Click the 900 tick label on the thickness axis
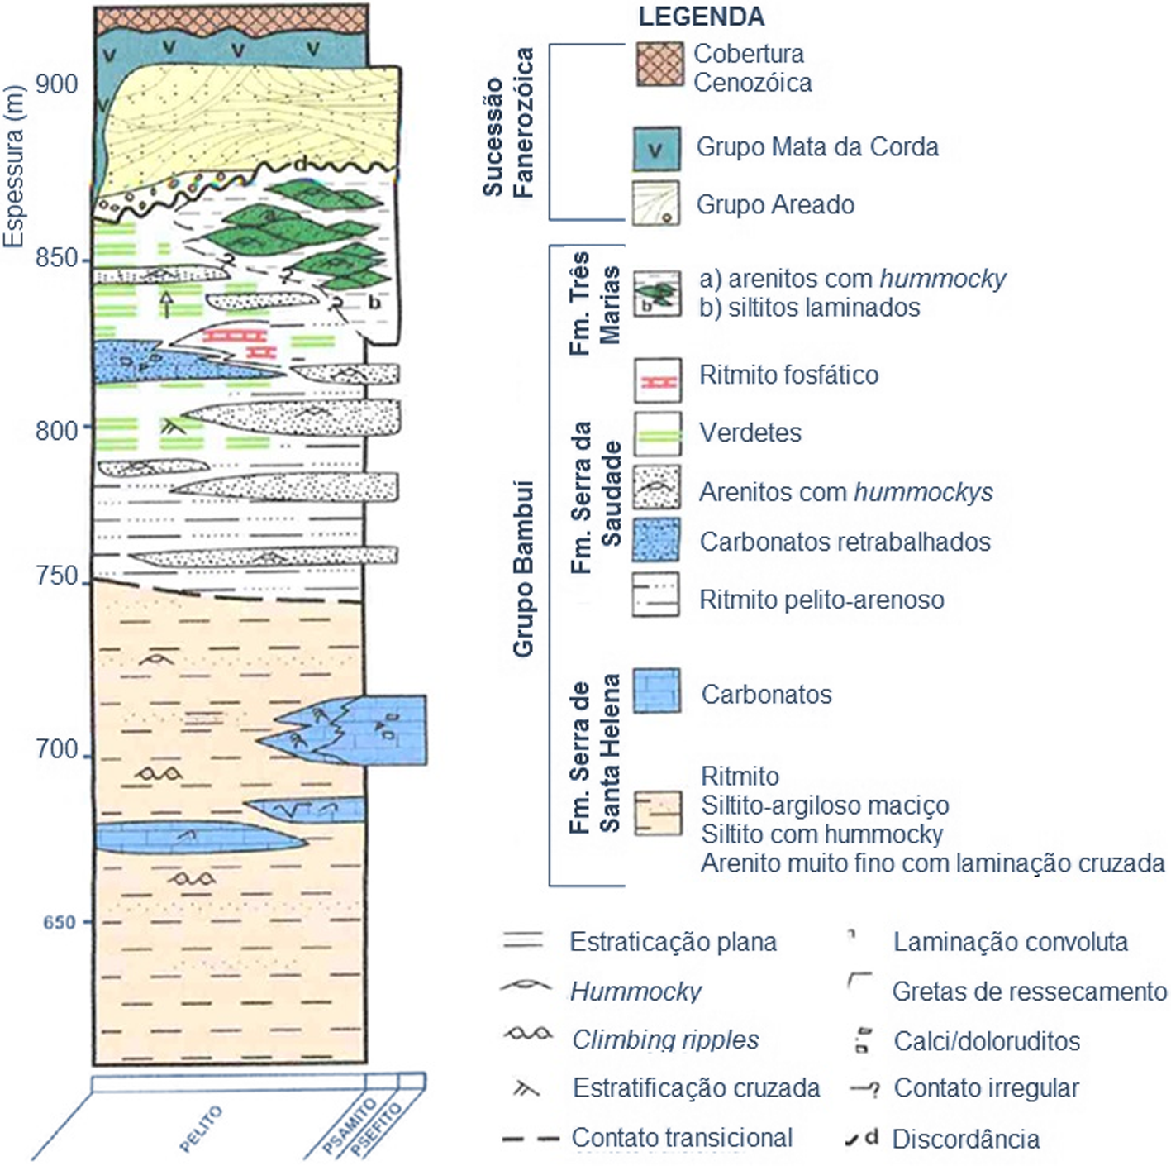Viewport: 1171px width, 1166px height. tap(57, 84)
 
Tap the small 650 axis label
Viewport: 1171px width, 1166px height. tap(59, 921)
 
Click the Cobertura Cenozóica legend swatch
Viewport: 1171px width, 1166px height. tap(659, 64)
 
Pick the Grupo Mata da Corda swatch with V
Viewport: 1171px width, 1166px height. tap(656, 149)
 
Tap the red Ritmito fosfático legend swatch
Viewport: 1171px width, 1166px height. tap(658, 381)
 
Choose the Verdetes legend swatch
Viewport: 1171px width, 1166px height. tap(658, 434)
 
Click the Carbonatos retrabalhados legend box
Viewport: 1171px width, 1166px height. tap(656, 540)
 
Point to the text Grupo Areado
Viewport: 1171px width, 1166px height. tap(774, 204)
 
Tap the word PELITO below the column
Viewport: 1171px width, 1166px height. tap(201, 1129)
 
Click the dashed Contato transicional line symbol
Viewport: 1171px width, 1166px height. tap(530, 1139)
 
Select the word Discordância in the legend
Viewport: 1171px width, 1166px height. tap(965, 1140)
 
